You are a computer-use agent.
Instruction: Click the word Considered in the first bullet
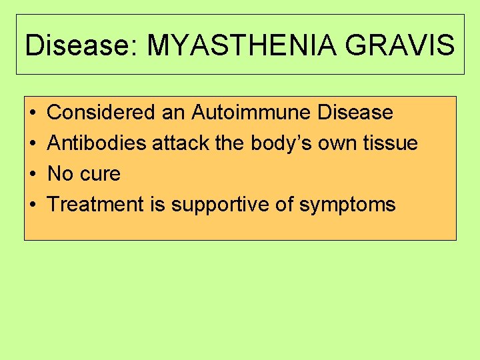pyautogui.click(x=101, y=113)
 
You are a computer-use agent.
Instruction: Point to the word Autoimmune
pyautogui.click(x=251, y=113)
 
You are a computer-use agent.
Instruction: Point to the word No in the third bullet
pyautogui.click(x=60, y=174)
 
